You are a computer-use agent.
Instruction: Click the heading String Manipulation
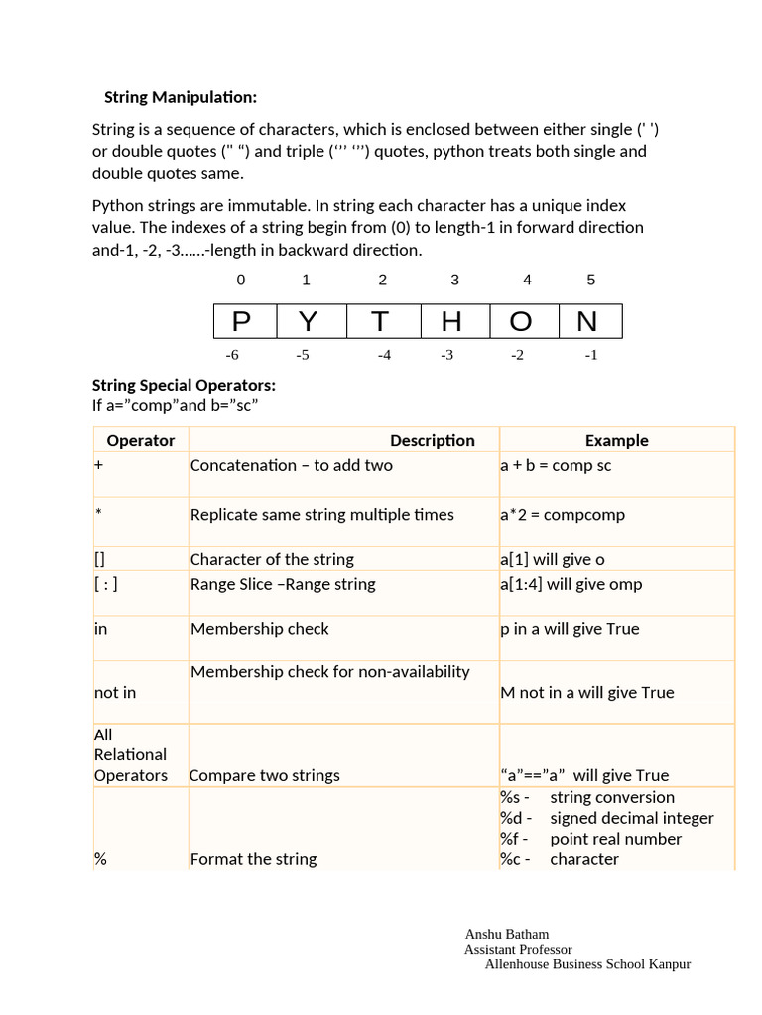[x=181, y=97]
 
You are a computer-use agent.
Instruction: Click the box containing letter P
[x=241, y=322]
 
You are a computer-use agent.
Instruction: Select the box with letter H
[x=451, y=322]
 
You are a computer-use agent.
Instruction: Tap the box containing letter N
[x=587, y=322]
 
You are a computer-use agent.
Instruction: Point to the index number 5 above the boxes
[x=590, y=281]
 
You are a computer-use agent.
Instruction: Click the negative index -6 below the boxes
[x=232, y=355]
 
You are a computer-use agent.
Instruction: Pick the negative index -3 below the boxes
[x=446, y=355]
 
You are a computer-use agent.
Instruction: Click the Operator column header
[x=140, y=440]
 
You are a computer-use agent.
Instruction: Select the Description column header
[x=432, y=440]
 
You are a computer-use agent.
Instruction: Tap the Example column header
[x=616, y=440]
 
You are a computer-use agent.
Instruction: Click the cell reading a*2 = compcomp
[x=563, y=515]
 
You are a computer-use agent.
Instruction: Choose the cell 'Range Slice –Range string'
[x=283, y=584]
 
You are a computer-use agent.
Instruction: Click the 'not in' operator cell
[x=115, y=692]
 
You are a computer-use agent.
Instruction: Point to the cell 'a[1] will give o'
[x=553, y=560]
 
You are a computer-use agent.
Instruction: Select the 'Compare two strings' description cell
[x=265, y=775]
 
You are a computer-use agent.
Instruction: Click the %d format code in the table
[x=515, y=818]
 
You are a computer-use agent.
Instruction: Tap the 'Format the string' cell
[x=253, y=859]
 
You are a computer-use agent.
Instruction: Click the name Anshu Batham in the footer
[x=506, y=934]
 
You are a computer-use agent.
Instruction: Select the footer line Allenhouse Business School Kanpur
[x=587, y=964]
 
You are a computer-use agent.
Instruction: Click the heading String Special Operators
[x=184, y=385]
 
